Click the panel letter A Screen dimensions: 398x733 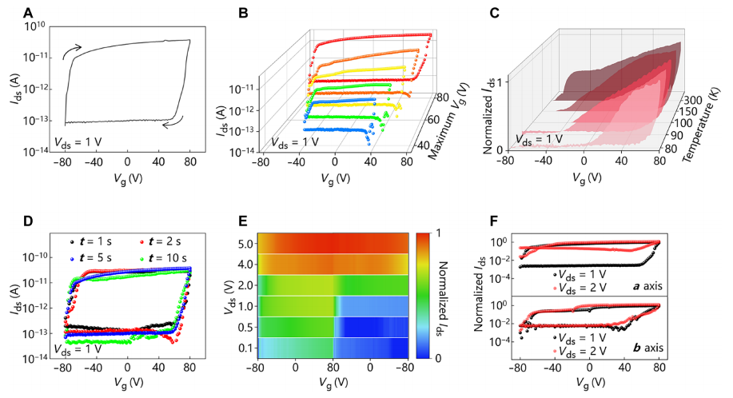click(30, 14)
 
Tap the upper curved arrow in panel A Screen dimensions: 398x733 click(71, 51)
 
